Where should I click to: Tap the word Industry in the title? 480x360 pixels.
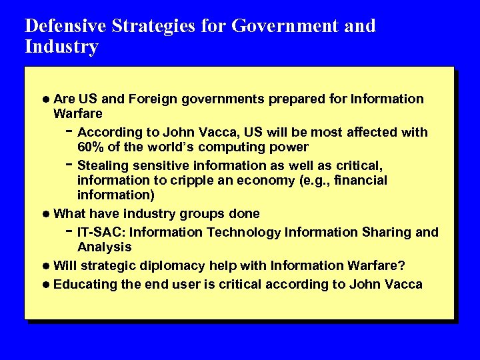(61, 47)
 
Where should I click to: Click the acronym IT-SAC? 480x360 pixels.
(97, 232)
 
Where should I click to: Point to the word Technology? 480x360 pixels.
(244, 232)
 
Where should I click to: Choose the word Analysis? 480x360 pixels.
(104, 247)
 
